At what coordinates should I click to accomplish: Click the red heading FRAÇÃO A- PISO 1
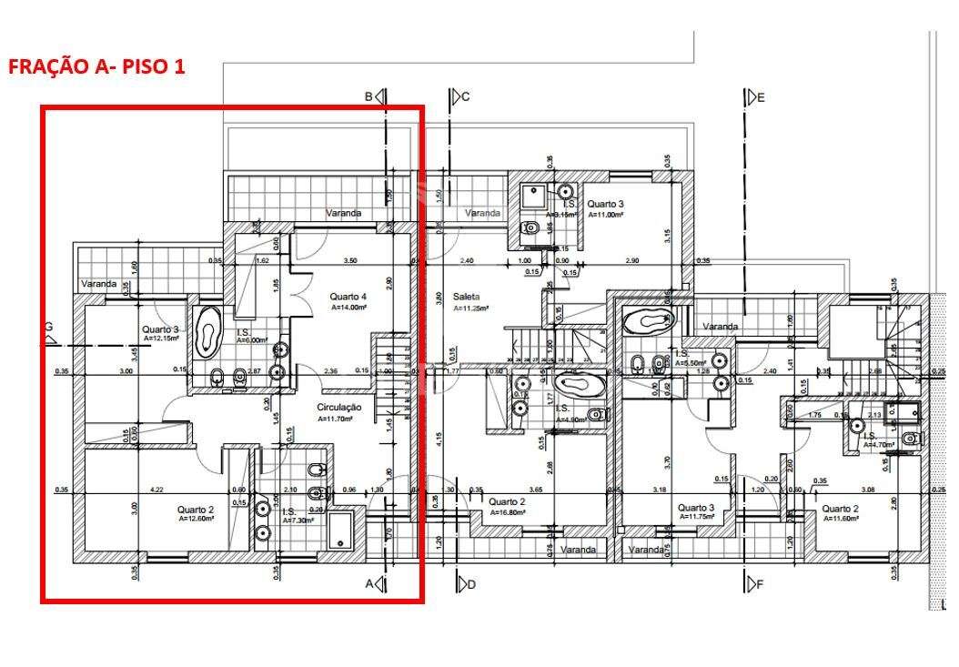coord(96,67)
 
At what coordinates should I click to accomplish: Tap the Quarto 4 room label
coord(348,296)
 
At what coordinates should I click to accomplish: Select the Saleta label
coord(466,297)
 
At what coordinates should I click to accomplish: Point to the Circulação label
coord(339,408)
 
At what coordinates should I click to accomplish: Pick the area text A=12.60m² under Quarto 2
coord(195,520)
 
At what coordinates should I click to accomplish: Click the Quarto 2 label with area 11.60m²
coord(841,509)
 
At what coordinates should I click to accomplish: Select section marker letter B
coord(369,96)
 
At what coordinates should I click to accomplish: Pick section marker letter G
coord(49,328)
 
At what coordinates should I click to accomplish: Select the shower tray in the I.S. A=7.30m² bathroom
coord(342,531)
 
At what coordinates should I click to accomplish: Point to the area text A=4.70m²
coord(879,446)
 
